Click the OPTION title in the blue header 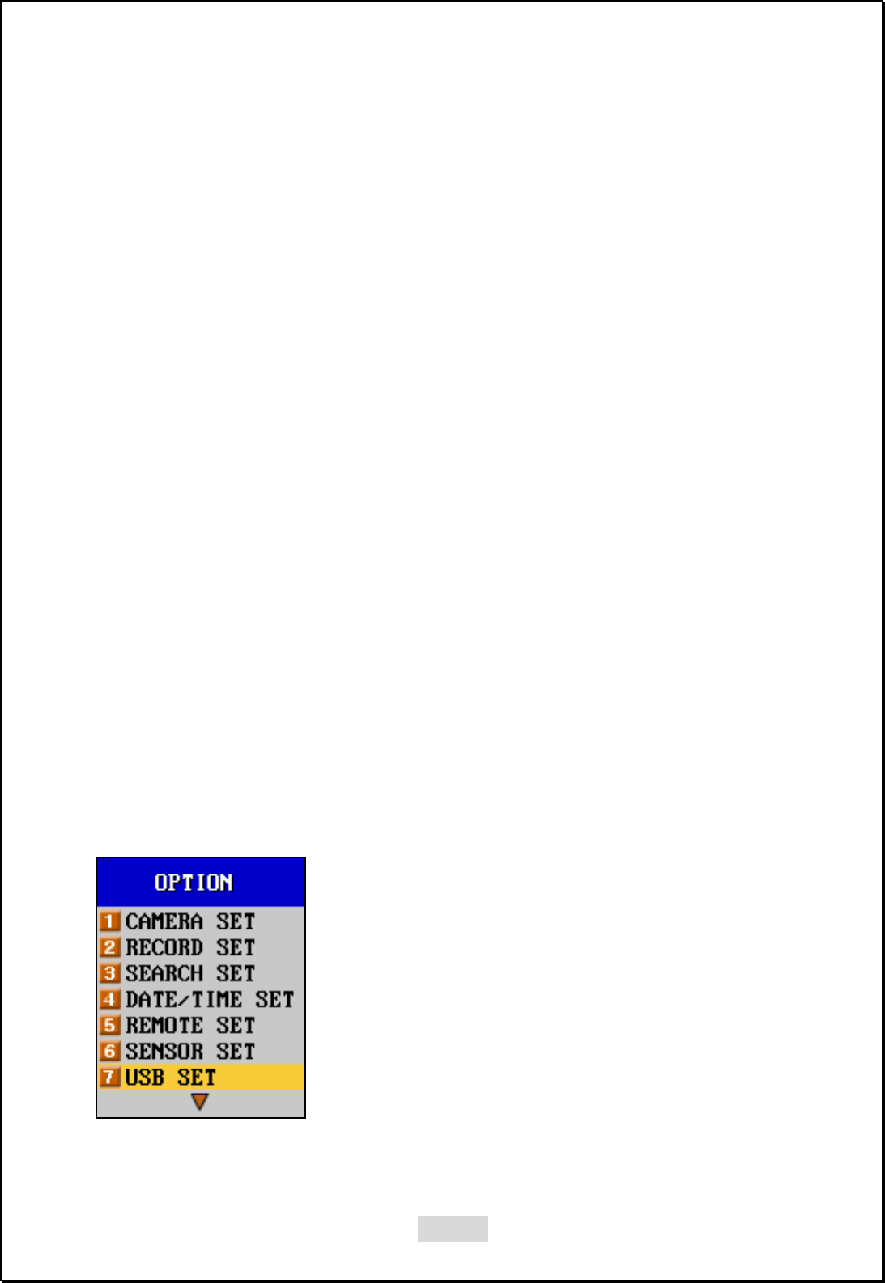click(194, 882)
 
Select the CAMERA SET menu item click(190, 921)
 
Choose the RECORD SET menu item click(190, 947)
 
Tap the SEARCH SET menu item click(190, 973)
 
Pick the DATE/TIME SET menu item click(210, 999)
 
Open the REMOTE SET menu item click(190, 1025)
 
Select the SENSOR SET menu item click(190, 1051)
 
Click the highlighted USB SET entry click(171, 1078)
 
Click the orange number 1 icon click(110, 921)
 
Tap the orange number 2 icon click(110, 947)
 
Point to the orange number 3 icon click(110, 973)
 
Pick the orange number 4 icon click(110, 999)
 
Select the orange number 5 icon click(110, 1025)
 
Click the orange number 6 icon click(110, 1051)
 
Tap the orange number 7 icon click(110, 1078)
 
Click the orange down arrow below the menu click(199, 1102)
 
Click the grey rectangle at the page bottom click(453, 1228)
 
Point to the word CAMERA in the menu click(164, 921)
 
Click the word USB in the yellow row click(145, 1078)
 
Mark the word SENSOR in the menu click(164, 1051)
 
